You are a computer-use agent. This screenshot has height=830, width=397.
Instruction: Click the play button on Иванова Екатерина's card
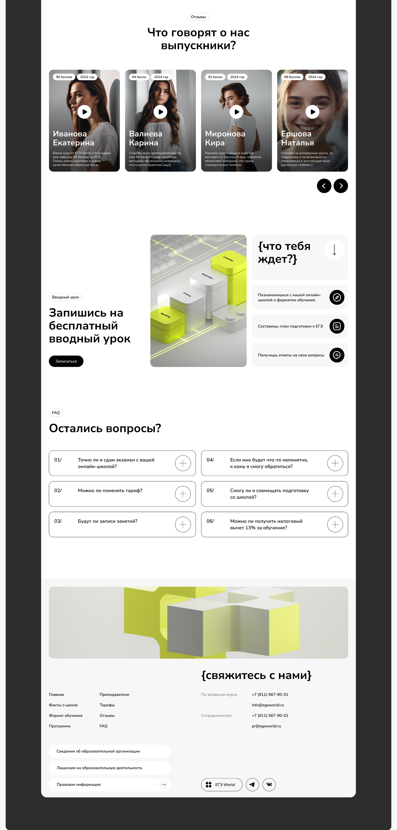84,112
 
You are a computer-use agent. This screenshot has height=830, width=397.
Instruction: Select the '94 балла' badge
139,77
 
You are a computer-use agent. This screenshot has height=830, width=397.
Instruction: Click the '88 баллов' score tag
292,77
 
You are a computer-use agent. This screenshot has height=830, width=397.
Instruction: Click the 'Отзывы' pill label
198,17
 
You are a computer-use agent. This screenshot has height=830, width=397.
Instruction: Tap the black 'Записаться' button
66,361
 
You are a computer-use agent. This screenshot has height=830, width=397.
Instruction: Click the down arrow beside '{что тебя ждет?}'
334,250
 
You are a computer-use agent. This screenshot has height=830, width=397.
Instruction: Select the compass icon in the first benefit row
337,297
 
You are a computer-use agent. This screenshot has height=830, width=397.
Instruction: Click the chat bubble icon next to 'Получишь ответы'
337,355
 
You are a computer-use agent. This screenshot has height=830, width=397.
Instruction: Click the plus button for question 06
335,525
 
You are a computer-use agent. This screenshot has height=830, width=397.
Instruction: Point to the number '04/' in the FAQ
210,460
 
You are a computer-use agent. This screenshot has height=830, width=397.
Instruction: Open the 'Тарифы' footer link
107,705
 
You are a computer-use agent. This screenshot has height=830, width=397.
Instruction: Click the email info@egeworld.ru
268,705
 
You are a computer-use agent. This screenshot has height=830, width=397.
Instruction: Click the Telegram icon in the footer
252,785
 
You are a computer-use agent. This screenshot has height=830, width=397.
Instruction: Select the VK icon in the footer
269,785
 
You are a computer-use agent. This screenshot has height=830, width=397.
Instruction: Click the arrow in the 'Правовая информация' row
164,785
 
